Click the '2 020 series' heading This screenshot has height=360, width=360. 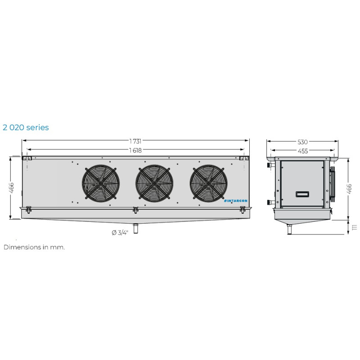click(x=25, y=127)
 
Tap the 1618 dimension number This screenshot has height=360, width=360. click(x=135, y=150)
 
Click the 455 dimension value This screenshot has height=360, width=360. click(x=302, y=151)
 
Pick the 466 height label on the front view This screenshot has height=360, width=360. click(x=11, y=188)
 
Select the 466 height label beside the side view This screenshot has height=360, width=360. click(x=350, y=189)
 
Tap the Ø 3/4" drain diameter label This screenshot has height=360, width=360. click(x=120, y=233)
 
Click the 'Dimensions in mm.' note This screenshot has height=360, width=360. click(x=34, y=247)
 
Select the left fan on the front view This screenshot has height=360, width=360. click(x=100, y=183)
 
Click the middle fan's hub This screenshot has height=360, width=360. click(x=154, y=183)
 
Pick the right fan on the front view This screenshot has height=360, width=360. click(x=208, y=183)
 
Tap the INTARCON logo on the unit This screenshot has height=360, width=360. click(x=235, y=201)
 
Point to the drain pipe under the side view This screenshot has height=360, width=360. click(x=290, y=230)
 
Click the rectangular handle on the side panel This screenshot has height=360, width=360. click(x=302, y=194)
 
